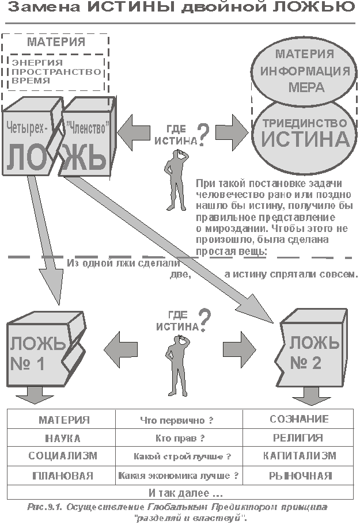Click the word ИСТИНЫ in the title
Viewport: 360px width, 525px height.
[x=131, y=7]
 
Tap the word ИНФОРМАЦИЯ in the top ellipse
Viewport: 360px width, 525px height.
[x=305, y=71]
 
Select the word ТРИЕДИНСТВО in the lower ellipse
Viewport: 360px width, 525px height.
[x=304, y=123]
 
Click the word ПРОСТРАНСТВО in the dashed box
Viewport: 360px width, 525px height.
[x=56, y=71]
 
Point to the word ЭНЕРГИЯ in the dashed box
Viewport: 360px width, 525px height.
[x=37, y=63]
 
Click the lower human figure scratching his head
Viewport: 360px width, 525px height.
[x=177, y=367]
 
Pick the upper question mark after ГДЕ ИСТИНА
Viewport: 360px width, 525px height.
[x=203, y=135]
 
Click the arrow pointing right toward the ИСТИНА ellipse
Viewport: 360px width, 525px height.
[x=232, y=132]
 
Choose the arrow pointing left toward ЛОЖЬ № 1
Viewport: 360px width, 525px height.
[x=120, y=350]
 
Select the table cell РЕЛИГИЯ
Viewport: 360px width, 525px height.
[x=298, y=438]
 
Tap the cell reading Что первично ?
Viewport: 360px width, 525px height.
[x=179, y=419]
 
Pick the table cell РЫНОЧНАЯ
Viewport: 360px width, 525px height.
[x=298, y=475]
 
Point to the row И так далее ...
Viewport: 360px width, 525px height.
[x=180, y=493]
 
